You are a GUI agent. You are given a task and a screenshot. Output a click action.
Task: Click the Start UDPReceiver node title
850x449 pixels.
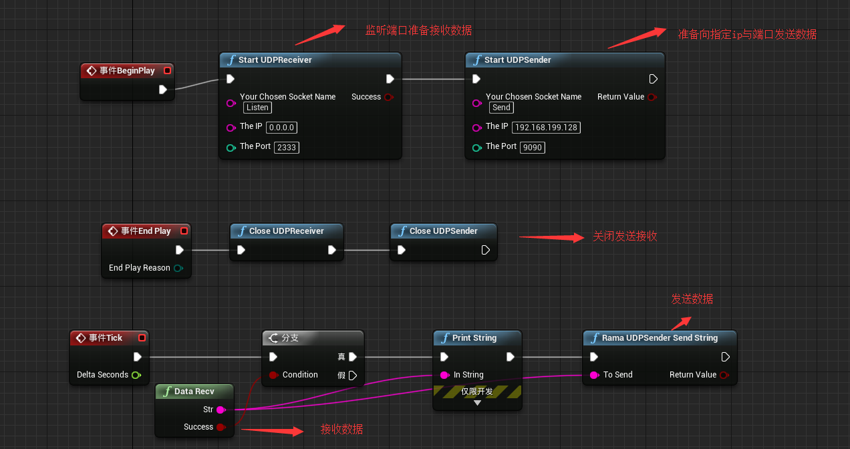coord(275,60)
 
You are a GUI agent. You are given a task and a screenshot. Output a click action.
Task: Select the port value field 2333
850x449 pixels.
coord(286,147)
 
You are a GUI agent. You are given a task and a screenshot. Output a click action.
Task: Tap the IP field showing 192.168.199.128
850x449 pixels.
coord(546,127)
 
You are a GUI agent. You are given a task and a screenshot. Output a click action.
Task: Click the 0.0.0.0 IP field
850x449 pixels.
coord(282,127)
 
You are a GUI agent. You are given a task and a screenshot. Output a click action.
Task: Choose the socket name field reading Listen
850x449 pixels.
coord(257,108)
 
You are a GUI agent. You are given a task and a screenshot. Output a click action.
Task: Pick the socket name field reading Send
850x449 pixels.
coord(501,108)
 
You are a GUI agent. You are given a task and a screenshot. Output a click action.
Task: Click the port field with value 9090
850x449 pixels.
coord(532,147)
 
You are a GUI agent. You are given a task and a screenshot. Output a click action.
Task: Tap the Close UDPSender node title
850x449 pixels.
coord(443,231)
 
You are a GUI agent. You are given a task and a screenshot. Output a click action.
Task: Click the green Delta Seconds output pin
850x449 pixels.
coord(136,375)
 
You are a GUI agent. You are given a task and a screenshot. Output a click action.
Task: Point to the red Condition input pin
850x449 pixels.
coord(273,375)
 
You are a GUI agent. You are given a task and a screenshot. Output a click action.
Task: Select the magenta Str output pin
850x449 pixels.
coord(221,410)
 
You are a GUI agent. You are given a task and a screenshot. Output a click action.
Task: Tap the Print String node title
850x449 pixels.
coord(474,338)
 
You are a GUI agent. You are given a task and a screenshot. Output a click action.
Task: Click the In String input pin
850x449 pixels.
coord(444,375)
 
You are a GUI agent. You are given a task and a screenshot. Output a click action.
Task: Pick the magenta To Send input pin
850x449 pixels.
coord(593,375)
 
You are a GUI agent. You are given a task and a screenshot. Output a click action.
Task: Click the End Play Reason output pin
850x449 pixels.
coord(178,268)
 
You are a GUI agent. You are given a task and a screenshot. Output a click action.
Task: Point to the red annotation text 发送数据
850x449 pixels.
coord(692,299)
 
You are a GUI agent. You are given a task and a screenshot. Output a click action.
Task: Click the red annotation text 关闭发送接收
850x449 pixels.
coord(624,237)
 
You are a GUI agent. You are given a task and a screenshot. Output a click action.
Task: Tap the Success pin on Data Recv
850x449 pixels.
coord(221,427)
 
